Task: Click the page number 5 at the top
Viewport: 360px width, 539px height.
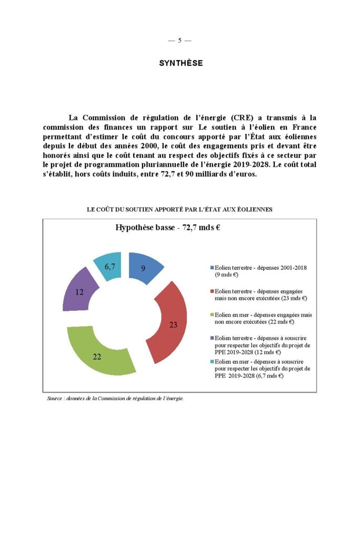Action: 179,40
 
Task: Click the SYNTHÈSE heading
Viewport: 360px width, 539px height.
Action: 181,63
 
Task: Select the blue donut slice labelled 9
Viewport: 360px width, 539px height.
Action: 143,268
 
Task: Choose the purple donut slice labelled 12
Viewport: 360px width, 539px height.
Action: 80,290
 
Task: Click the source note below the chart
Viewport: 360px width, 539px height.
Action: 115,399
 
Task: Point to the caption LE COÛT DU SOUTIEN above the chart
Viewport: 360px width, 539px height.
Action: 179,209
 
